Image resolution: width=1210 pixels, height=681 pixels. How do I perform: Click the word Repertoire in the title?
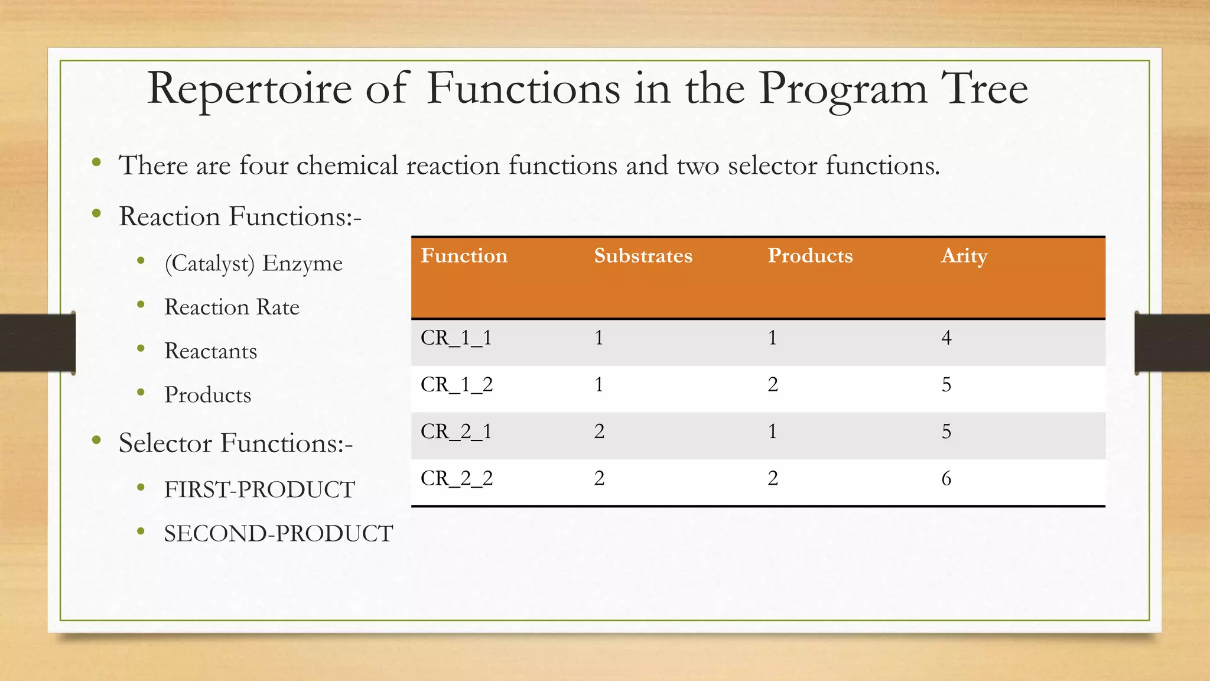click(x=249, y=89)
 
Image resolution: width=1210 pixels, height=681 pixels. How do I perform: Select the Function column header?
click(x=464, y=255)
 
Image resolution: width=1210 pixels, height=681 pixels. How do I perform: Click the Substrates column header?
click(x=643, y=255)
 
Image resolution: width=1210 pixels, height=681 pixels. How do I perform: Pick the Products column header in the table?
click(x=810, y=255)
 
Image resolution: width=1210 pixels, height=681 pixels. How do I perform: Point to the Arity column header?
click(x=964, y=257)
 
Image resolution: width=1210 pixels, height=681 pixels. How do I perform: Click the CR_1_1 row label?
click(x=456, y=338)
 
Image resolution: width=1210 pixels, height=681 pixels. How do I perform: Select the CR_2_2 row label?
click(x=457, y=478)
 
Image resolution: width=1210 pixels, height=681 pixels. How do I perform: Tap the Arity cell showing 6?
click(x=946, y=478)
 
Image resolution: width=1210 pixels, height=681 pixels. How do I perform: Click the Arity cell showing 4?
click(x=946, y=338)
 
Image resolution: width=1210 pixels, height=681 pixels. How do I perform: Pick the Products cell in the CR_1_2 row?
click(x=772, y=385)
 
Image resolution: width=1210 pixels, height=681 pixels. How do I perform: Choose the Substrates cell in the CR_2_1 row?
click(x=599, y=432)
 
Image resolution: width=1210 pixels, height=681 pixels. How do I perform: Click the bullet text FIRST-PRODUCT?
click(x=259, y=489)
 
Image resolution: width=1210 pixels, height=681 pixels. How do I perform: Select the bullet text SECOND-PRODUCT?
click(x=278, y=534)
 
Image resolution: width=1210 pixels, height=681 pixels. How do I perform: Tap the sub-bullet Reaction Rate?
click(x=232, y=307)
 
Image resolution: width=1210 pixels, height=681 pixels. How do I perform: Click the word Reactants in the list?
click(x=210, y=351)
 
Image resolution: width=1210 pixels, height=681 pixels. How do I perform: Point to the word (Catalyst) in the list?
click(x=209, y=264)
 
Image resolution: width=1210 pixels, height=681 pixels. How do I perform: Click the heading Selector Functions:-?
click(x=235, y=443)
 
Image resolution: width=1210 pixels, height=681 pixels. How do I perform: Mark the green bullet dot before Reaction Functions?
click(x=96, y=213)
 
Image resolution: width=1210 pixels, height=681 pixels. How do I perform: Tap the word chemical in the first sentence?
click(x=347, y=166)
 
